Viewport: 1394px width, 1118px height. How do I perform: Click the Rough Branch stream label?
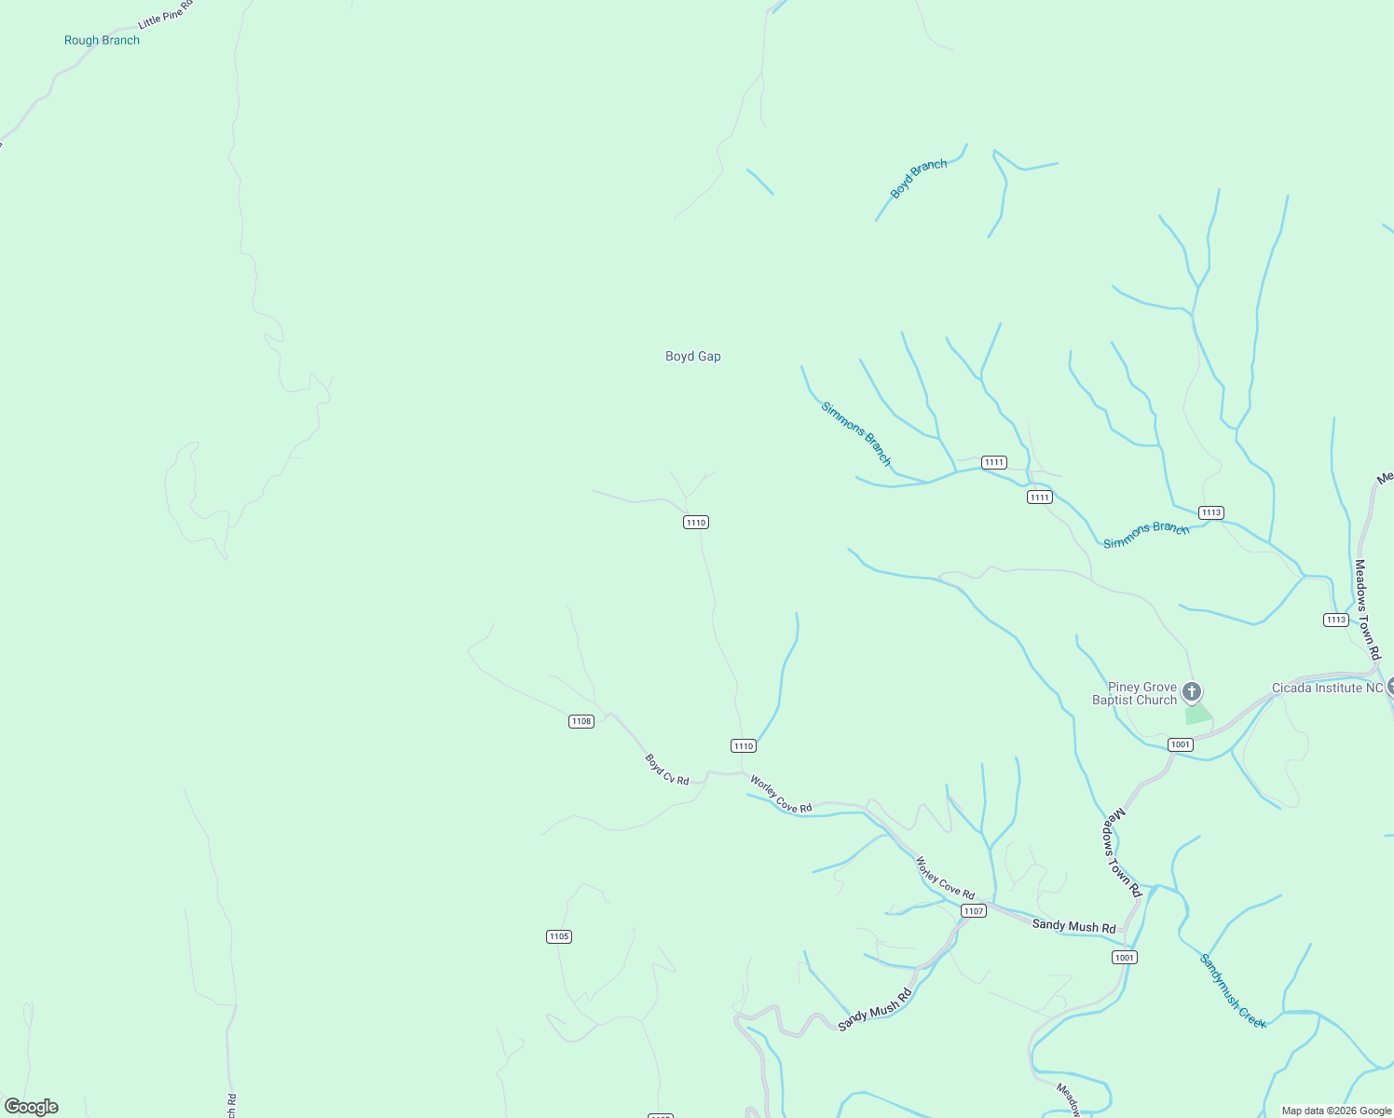pos(102,40)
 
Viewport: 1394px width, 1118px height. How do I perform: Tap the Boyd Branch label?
pos(919,178)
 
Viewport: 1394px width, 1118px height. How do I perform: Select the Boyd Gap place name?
pos(692,356)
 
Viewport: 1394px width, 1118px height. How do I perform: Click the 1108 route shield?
pos(581,721)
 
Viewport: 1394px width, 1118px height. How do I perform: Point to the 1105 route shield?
pos(558,936)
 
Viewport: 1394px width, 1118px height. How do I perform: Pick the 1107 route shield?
pos(973,910)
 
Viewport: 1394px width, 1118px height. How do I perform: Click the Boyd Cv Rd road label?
pos(667,770)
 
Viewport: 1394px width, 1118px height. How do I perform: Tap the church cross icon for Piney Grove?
pos(1191,692)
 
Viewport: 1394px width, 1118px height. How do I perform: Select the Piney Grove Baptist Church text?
pos(1134,693)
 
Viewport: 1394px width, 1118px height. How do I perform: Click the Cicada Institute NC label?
pos(1327,688)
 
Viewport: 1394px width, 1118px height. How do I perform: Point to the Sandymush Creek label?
pos(1233,991)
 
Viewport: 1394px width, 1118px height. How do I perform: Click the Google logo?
pos(31,1107)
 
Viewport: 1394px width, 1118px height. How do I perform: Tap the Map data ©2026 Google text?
pos(1335,1111)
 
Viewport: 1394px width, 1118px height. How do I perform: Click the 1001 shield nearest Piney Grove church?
pos(1180,744)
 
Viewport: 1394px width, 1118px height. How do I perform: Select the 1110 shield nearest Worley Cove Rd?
pos(743,745)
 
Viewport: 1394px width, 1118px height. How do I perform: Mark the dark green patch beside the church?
pos(1197,716)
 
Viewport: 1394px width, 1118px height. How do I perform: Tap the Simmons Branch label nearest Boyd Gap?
pos(855,433)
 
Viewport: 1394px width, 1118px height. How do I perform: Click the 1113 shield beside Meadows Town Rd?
pos(1335,620)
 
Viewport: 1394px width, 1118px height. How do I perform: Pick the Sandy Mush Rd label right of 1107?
pos(1073,926)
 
